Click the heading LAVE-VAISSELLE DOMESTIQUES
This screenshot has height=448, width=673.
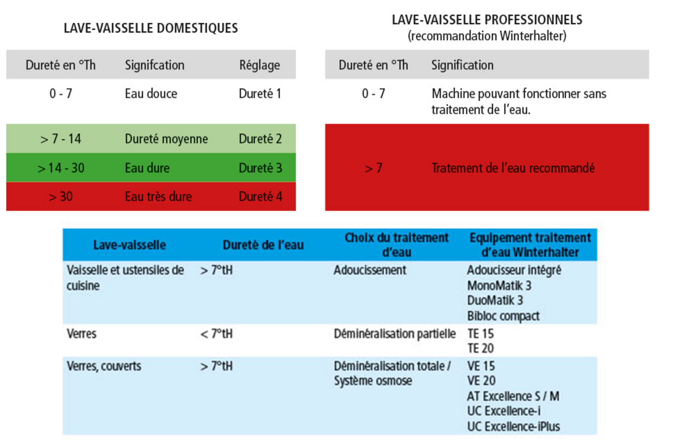151,28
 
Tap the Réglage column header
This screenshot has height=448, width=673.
260,65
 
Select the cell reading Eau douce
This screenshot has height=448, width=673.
151,94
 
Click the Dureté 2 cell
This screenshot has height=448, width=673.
260,139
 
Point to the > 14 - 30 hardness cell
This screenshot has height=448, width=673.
61,168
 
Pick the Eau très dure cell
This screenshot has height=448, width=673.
158,196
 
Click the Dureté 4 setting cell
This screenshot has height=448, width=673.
260,196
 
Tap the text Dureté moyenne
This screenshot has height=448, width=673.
166,139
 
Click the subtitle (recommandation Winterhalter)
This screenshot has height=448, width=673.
487,36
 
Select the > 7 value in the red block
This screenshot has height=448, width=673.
373,168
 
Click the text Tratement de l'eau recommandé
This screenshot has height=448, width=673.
513,168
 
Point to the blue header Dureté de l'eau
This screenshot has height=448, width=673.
263,245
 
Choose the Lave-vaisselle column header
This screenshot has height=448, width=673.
129,245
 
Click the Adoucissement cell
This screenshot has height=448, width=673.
370,270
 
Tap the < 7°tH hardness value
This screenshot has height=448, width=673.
216,334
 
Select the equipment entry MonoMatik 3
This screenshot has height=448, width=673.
499,286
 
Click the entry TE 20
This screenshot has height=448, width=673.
481,348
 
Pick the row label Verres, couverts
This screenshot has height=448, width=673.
104,366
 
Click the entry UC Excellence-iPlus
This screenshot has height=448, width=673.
514,427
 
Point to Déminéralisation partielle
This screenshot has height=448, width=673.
395,334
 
